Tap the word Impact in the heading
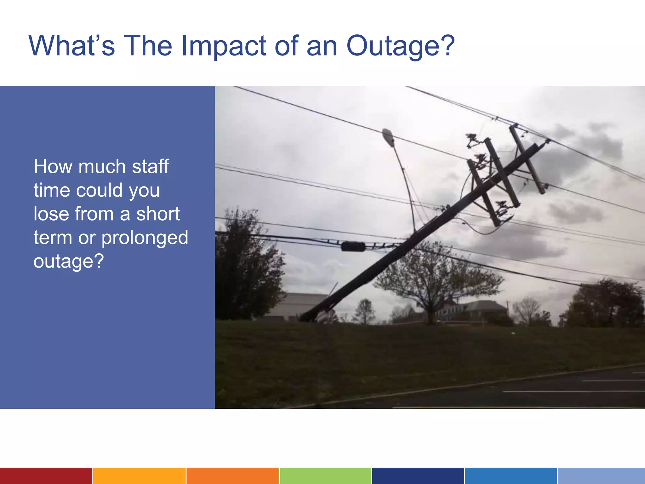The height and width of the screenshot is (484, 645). point(224,46)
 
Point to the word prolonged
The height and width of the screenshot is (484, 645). point(145,238)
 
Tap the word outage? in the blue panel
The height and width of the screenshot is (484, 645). point(69,262)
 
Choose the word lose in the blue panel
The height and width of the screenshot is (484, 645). point(51,214)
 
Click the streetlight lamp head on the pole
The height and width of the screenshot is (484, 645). point(388,137)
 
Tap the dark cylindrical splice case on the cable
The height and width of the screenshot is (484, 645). point(353,246)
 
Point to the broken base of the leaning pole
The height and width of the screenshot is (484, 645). point(307,317)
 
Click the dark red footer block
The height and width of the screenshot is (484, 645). point(46,476)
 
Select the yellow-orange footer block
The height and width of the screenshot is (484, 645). point(139,476)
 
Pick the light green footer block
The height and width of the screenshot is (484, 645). point(325,476)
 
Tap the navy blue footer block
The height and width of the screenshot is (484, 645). point(418,476)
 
